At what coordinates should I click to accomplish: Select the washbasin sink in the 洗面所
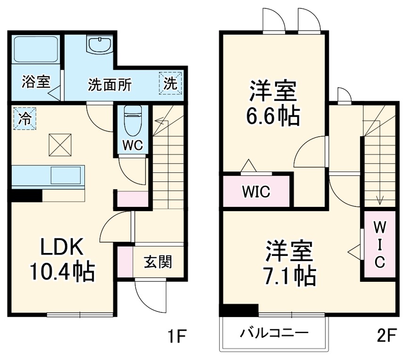[99, 46]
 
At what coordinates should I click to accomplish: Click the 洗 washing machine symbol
[171, 83]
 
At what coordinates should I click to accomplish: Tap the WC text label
[132, 145]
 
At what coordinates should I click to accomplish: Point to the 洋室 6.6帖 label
[273, 103]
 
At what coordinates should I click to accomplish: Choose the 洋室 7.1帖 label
[288, 264]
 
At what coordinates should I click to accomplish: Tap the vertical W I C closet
[379, 245]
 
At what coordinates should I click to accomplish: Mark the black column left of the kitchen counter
[26, 196]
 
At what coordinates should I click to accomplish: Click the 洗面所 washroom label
[110, 85]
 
